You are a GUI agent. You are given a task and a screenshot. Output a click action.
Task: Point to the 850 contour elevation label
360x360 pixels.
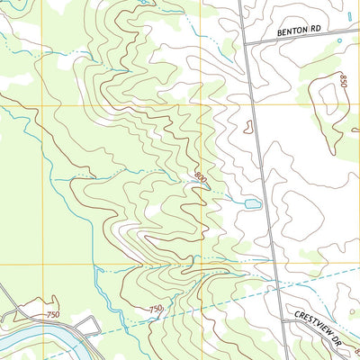click(x=344, y=80)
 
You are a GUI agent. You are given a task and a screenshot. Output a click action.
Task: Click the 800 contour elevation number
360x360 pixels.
click(x=200, y=179)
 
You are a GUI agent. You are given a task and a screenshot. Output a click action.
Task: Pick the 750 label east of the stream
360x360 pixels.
click(x=156, y=309)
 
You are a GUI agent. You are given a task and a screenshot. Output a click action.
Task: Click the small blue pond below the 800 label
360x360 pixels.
click(x=252, y=204)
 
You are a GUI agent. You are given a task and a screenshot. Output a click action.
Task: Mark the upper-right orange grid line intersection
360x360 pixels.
click(x=202, y=105)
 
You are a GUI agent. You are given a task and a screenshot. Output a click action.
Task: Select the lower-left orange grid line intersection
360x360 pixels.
click(x=40, y=265)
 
